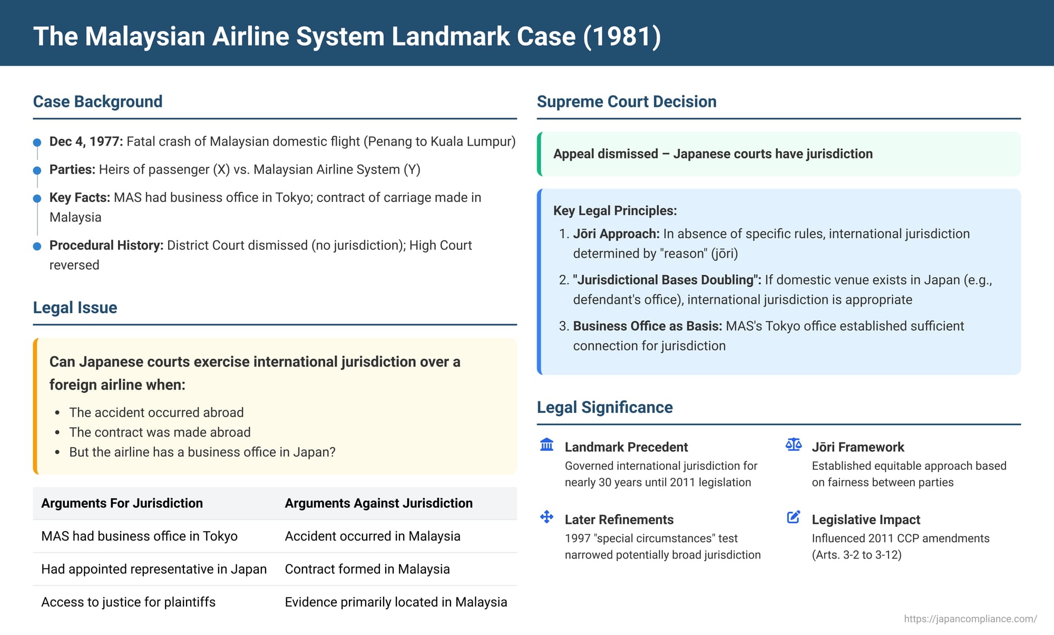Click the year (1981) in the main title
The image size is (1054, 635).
coord(622,36)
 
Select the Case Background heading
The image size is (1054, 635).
coord(97,101)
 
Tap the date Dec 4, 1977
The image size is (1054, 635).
coord(86,141)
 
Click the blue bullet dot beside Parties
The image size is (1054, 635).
coord(37,170)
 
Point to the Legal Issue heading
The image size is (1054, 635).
coord(75,307)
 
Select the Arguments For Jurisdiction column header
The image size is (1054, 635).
coord(122,503)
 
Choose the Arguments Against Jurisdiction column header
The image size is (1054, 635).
coord(378,503)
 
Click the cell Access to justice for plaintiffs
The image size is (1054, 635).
coord(129,602)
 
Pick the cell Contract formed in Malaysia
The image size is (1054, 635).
coord(367,569)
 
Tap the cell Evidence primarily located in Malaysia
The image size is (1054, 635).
coord(396,602)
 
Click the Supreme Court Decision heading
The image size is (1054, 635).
coord(627,101)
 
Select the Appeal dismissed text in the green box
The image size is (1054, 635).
coord(713,153)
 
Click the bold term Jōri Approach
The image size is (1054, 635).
coord(616,234)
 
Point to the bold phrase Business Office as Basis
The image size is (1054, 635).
coord(648,326)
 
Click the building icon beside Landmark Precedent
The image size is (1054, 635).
coord(547,445)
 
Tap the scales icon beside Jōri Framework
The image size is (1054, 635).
coord(794,445)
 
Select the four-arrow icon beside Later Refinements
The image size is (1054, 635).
coord(547,517)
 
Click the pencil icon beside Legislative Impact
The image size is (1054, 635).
coord(794,517)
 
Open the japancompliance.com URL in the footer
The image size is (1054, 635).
coord(970,619)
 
